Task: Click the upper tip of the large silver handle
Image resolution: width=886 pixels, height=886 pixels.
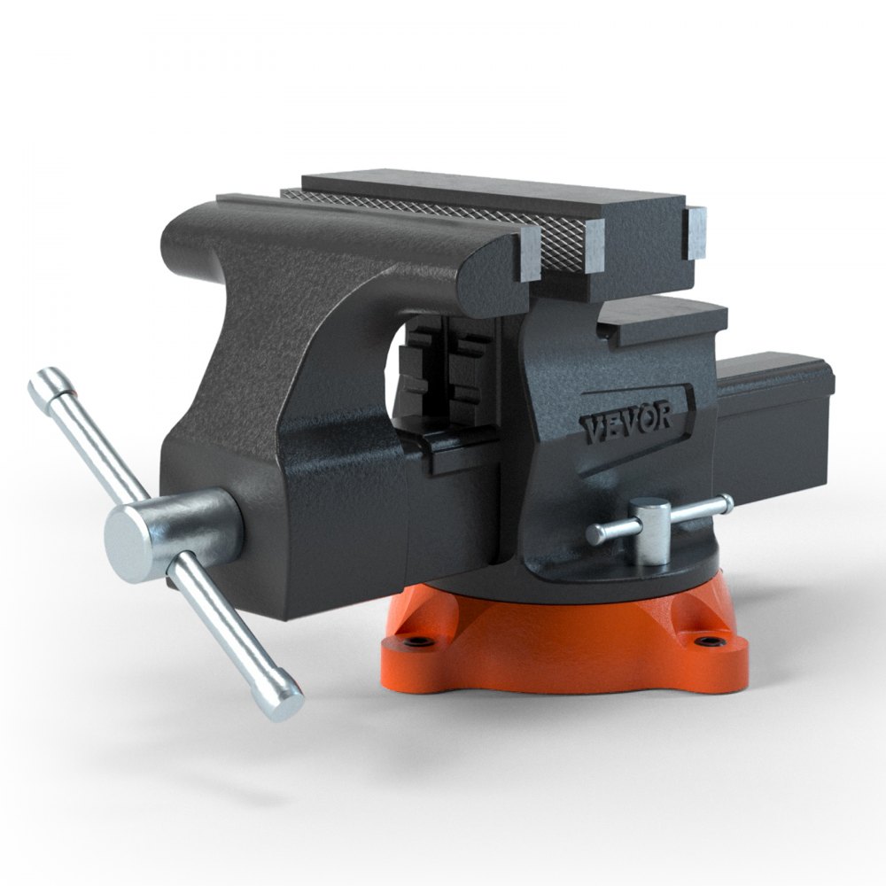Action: pyautogui.click(x=43, y=382)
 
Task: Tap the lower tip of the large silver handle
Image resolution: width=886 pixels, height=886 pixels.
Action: pyautogui.click(x=288, y=705)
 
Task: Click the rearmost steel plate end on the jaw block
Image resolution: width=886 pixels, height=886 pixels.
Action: pyautogui.click(x=697, y=232)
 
